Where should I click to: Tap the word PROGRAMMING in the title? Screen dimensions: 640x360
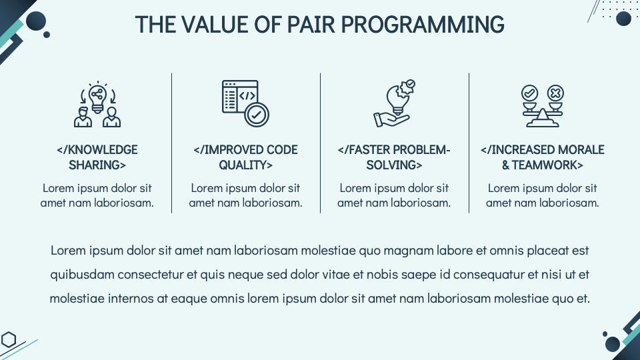pos(423,25)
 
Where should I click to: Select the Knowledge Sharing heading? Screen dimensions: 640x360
pos(97,157)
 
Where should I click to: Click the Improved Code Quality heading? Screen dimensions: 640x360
pos(246,157)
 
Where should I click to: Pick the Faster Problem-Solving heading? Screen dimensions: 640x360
pos(394,157)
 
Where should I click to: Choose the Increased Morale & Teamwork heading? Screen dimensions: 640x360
pos(543,157)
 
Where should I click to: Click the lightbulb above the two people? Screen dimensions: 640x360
pos(97,98)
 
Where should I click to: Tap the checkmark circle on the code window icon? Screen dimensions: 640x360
pos(257,115)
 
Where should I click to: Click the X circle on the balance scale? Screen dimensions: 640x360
pos(555,93)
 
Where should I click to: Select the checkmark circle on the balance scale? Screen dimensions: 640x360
pos(529,93)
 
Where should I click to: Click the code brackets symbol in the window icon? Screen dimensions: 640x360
pos(247,96)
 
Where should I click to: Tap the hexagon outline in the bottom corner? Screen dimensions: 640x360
pos(9,339)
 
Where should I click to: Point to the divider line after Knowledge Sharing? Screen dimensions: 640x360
pos(172,143)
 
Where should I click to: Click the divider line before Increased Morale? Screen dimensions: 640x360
pos(469,143)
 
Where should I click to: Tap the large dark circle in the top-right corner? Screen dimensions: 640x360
pos(623,19)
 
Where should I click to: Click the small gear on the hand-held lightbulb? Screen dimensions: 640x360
pos(407,87)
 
